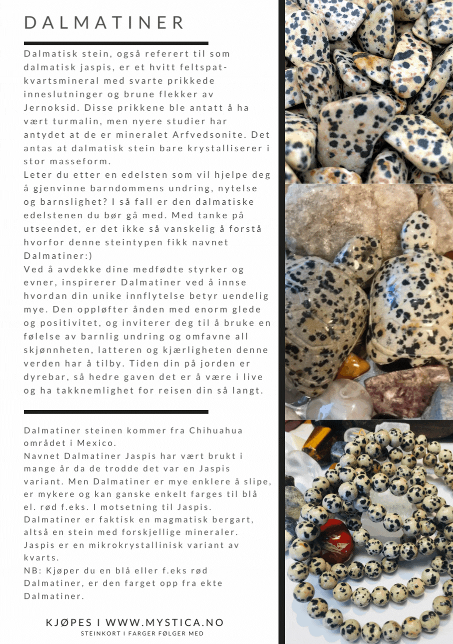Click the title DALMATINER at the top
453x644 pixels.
(104, 23)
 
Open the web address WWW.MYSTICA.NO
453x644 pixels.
(164, 622)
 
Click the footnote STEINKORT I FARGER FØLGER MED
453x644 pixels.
(142, 633)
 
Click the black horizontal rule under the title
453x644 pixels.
(116, 44)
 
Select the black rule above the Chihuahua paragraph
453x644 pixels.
(116, 412)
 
